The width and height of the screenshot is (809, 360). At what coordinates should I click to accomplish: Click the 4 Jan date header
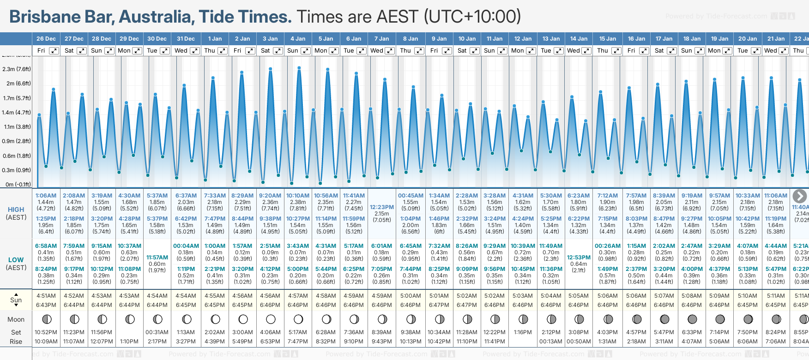[298, 39]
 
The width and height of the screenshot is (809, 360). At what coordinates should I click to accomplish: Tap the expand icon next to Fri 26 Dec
[54, 51]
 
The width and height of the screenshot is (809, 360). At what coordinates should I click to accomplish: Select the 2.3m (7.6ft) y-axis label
[17, 69]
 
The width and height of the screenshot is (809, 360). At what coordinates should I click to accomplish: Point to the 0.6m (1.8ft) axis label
[17, 156]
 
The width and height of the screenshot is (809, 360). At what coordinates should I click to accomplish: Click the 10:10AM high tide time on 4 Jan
[298, 196]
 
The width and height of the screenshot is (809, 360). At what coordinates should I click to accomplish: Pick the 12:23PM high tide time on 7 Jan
[382, 207]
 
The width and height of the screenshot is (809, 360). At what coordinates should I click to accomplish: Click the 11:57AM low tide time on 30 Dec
[157, 258]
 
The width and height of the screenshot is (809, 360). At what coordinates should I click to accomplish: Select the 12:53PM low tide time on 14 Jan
[579, 258]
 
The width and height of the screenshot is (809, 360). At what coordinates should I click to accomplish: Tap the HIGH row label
[16, 210]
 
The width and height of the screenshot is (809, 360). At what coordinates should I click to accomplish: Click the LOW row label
[16, 260]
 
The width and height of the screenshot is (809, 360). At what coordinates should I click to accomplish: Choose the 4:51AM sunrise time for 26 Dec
[46, 296]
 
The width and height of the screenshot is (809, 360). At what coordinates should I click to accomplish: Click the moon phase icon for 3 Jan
[271, 319]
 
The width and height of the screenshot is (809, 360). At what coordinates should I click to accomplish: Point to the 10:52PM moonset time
[46, 332]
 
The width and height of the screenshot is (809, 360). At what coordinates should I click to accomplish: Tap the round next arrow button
[800, 196]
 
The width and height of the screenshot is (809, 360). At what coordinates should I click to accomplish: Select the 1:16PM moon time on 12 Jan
[523, 332]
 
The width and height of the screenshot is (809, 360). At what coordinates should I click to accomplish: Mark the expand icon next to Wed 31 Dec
[195, 51]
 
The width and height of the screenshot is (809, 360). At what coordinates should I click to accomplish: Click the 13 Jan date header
[551, 39]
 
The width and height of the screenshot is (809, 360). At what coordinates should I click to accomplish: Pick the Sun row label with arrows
[16, 300]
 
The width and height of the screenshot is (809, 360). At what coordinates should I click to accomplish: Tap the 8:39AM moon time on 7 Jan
[382, 332]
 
